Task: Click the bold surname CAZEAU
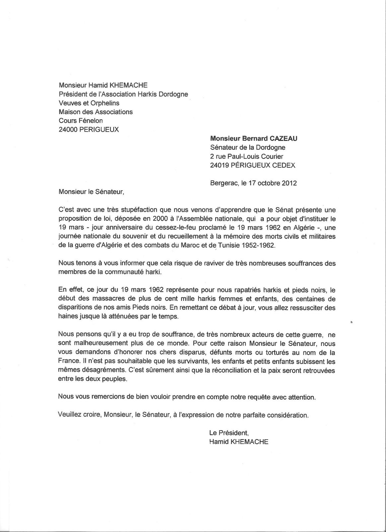tap(283, 138)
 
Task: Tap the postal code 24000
tap(67, 130)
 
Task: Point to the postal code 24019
tap(219, 165)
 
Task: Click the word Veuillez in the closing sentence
tap(69, 415)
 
